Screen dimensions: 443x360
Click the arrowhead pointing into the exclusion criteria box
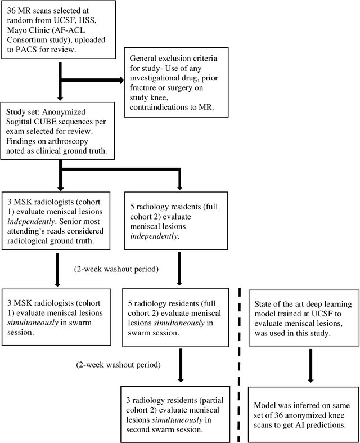tap(119, 80)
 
